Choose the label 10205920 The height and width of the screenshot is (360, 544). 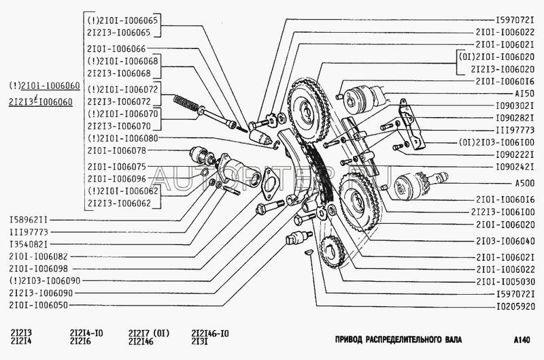(511, 306)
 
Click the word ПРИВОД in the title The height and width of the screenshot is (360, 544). (354, 339)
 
